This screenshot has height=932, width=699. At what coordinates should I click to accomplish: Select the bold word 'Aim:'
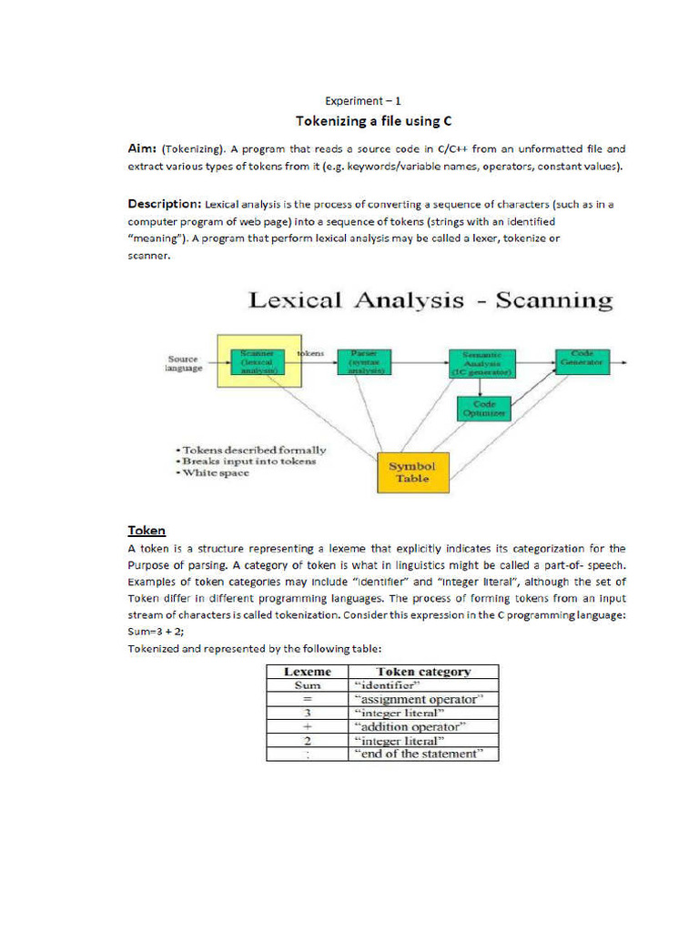tap(142, 148)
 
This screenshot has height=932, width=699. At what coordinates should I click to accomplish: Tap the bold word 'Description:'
tap(164, 204)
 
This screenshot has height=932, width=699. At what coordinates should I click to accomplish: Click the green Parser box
tap(358, 361)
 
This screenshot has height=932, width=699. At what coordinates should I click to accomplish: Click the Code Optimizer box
tap(482, 408)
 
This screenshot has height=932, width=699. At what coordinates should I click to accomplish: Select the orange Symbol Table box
tap(412, 472)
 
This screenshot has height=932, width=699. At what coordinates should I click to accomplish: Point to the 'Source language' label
tap(184, 363)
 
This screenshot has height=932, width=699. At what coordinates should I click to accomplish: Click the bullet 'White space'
tap(216, 472)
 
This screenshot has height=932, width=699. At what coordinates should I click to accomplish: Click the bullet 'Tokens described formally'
tap(251, 450)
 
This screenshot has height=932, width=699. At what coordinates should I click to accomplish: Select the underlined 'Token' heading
tap(147, 531)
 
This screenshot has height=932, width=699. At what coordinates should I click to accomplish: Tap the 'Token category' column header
tap(424, 672)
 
